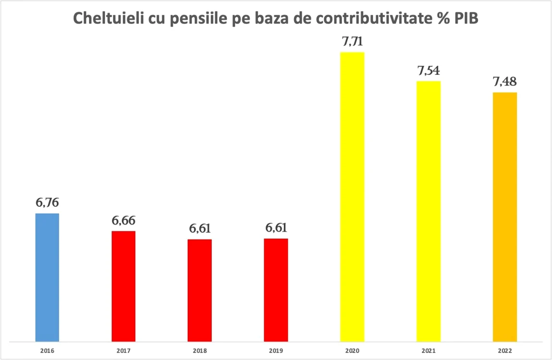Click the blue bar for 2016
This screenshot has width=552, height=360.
pos(47,277)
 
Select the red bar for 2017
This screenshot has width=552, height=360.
pos(123,286)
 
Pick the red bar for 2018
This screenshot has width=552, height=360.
pos(199,290)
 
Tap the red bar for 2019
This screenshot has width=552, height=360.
pos(276,290)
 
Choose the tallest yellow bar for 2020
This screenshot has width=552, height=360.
pos(352,197)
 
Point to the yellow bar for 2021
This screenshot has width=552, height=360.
pos(429,211)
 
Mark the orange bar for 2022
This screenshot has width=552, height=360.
pos(505,217)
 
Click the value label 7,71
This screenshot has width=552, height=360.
pos(352,42)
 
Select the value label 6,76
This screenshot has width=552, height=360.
pos(47,203)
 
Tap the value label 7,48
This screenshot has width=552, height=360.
pos(505,82)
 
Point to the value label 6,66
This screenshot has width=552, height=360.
pos(123,221)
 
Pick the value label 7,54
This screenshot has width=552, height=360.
pos(429,71)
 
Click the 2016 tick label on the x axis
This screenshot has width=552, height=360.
pos(47,351)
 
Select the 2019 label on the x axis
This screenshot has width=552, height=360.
pos(276,351)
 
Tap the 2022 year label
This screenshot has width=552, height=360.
pos(505,351)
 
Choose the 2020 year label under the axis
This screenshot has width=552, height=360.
pos(352,351)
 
